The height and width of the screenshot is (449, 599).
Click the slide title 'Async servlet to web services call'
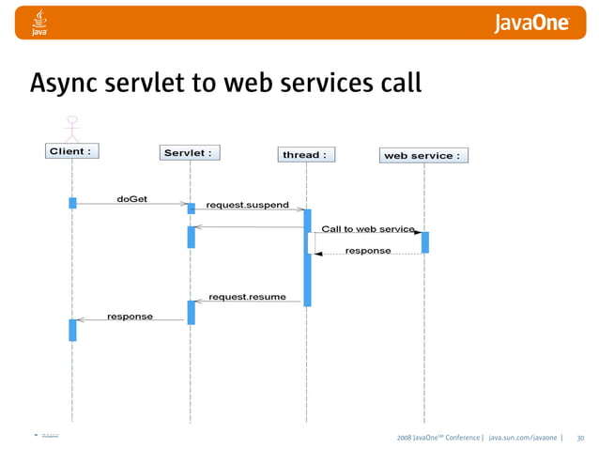click(x=225, y=83)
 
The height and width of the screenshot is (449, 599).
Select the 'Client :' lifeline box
click(x=71, y=150)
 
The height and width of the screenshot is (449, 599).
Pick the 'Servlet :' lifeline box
click(x=187, y=152)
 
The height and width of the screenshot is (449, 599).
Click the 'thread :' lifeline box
click(x=306, y=154)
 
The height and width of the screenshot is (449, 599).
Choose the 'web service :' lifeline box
click(x=422, y=155)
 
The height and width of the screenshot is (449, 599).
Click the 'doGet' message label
click(x=131, y=199)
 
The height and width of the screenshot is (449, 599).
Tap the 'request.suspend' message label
click(x=247, y=205)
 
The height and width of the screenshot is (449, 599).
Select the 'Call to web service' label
click(x=367, y=228)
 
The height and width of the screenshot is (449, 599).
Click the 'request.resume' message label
click(x=247, y=297)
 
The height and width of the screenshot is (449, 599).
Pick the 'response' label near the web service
click(x=368, y=251)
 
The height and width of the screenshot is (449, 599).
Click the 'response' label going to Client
click(x=130, y=317)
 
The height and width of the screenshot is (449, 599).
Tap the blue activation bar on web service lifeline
click(x=424, y=242)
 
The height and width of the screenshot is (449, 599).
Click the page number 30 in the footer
click(x=580, y=438)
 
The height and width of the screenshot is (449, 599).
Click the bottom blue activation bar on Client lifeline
click(x=72, y=330)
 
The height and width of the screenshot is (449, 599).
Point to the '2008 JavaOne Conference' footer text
click(x=438, y=438)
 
